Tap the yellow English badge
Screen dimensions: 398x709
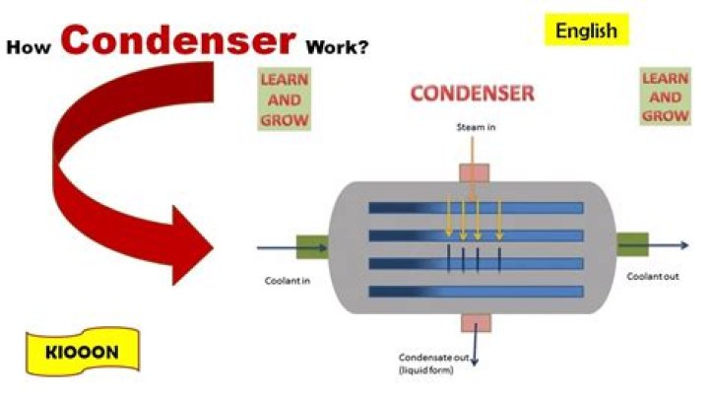(x=586, y=31)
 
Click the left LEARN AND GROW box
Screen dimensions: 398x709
(x=284, y=99)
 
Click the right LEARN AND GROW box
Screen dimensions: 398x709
(x=665, y=97)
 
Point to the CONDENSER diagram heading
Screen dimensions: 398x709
(x=472, y=94)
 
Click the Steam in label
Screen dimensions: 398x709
(x=476, y=127)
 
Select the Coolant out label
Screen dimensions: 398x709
(x=653, y=276)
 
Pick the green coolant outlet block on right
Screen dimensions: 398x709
(x=631, y=246)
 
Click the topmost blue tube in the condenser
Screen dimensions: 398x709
(x=476, y=208)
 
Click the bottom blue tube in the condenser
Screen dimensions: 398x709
(x=476, y=292)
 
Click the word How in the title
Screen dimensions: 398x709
(x=32, y=46)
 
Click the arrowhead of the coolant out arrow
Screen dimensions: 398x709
(x=683, y=246)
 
